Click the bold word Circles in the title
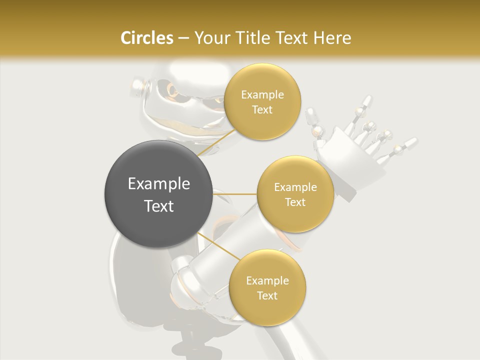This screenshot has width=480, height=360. click(147, 38)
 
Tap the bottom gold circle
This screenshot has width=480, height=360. click(267, 287)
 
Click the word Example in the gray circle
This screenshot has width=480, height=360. click(159, 184)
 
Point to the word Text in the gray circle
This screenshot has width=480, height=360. click(159, 206)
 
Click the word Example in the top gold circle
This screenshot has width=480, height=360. click(262, 94)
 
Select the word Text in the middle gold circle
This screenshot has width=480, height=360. click(295, 202)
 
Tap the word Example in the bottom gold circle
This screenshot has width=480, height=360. click(267, 280)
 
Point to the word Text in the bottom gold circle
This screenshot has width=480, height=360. click(267, 295)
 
